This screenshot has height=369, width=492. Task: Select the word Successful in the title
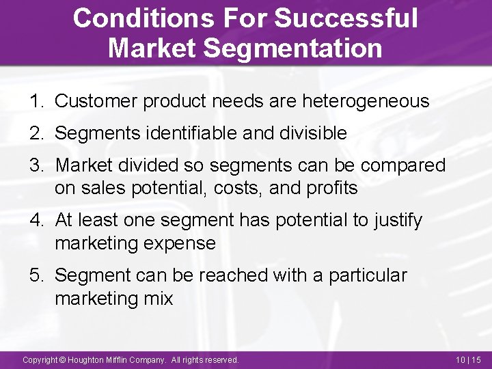[346, 18]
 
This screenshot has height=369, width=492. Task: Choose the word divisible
[315, 133]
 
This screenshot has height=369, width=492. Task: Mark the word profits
[333, 188]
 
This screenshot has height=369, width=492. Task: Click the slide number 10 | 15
[468, 359]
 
